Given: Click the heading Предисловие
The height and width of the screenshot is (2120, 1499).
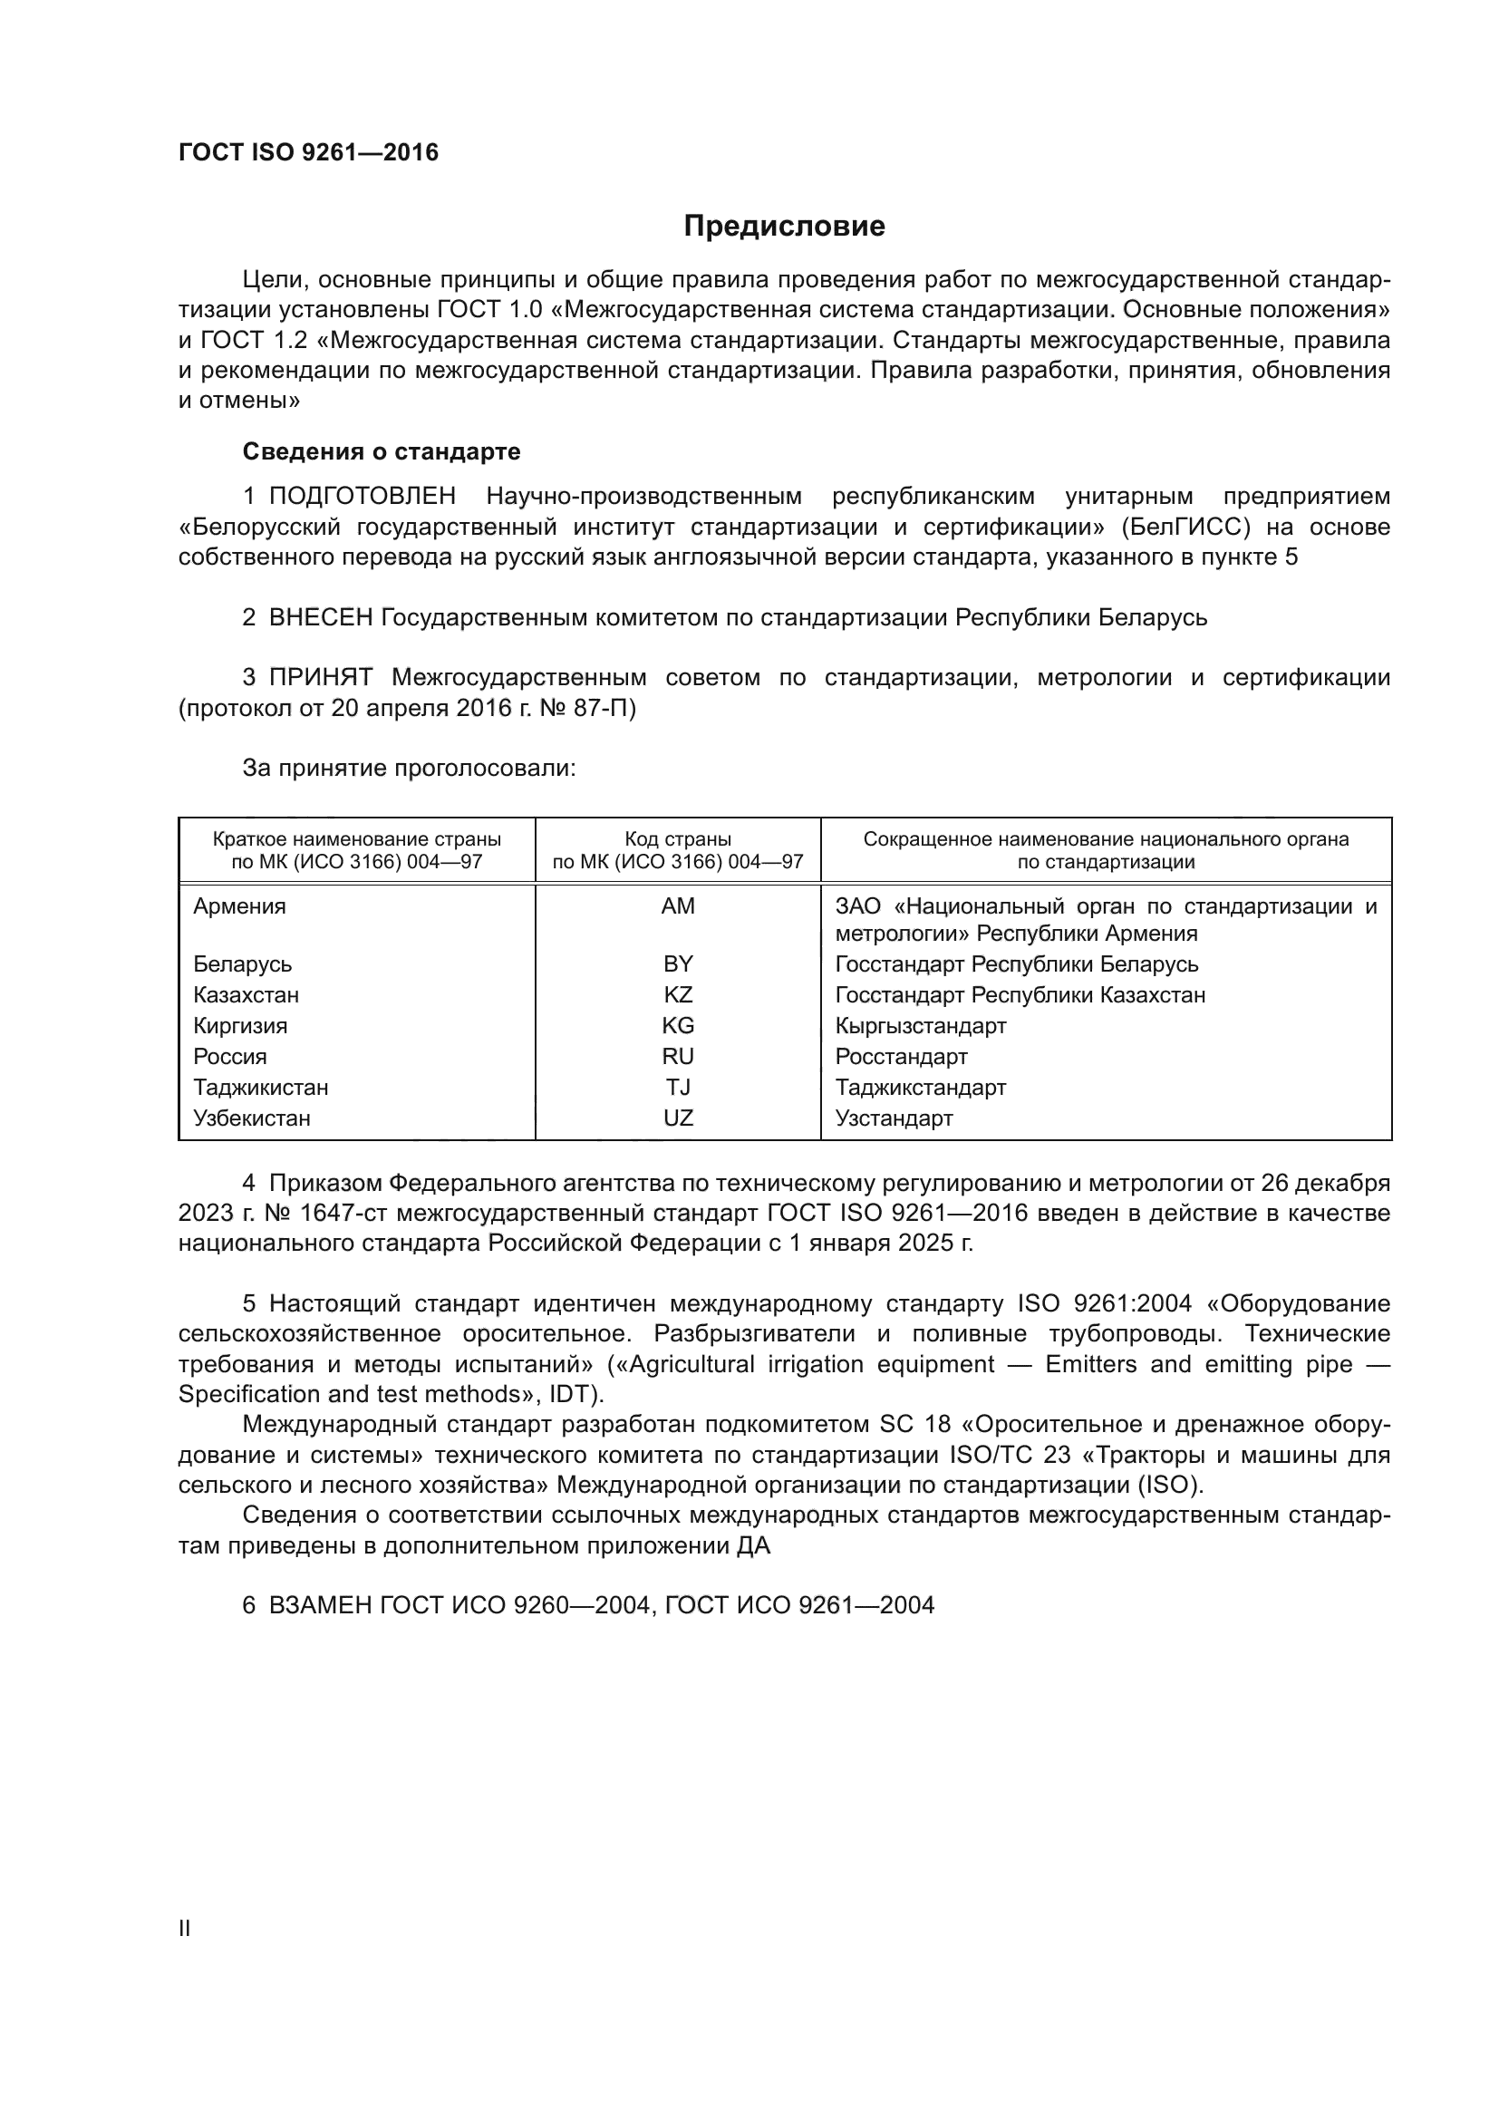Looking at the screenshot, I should (784, 227).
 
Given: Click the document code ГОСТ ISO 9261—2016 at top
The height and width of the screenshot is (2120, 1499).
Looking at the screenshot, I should (308, 152).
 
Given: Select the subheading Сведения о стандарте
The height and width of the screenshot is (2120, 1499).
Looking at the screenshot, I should (382, 451).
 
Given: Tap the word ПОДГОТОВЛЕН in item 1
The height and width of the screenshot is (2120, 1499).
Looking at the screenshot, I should (362, 496).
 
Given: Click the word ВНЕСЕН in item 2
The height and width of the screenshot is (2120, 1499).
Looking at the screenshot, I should (320, 617).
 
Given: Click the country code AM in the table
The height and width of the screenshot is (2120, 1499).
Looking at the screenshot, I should (678, 905).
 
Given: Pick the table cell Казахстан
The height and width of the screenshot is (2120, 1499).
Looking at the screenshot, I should (246, 994).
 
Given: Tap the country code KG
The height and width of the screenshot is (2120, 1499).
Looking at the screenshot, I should (678, 1026).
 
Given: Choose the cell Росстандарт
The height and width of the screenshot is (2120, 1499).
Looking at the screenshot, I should (901, 1056).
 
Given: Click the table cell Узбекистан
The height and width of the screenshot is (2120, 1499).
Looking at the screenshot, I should (251, 1118).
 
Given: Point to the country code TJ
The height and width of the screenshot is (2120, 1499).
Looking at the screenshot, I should (678, 1087).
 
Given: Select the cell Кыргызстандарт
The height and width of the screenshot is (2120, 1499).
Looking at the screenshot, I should (920, 1026).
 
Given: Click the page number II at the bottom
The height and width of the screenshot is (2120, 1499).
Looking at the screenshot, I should (185, 1928).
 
